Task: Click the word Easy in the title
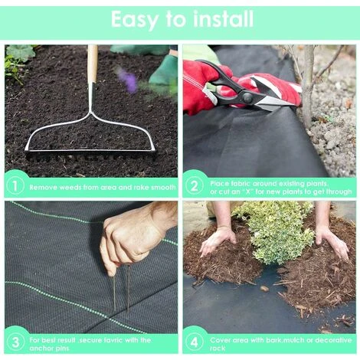pos(135,20)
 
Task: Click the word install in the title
pos(224,19)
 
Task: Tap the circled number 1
pos(15,186)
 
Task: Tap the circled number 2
pos(194,186)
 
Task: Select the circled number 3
pos(15,342)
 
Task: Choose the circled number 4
pos(194,342)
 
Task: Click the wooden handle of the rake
pos(93,64)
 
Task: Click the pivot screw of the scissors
pos(247,97)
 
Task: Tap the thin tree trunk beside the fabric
pos(308,86)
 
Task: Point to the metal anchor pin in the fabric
pos(122,290)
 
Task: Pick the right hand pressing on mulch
pos(331,241)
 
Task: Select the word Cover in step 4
pos(219,340)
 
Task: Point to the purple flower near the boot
pos(129,79)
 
